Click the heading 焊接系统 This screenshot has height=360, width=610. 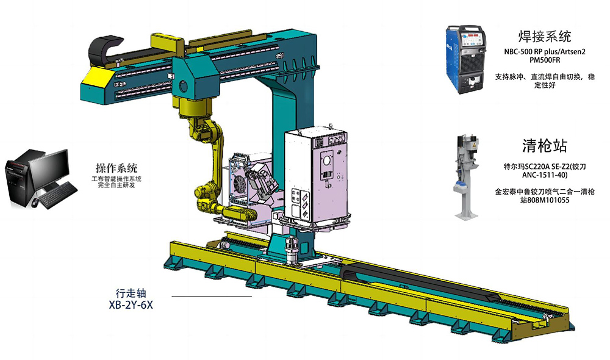(544, 36)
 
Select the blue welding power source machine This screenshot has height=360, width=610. (466, 59)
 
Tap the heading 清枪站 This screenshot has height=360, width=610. (544, 146)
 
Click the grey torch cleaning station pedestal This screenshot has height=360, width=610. (466, 177)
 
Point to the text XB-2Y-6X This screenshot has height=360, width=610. (131, 305)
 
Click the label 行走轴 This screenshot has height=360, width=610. (131, 293)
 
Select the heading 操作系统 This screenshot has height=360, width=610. (117, 168)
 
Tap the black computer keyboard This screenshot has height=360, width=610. (59, 195)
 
